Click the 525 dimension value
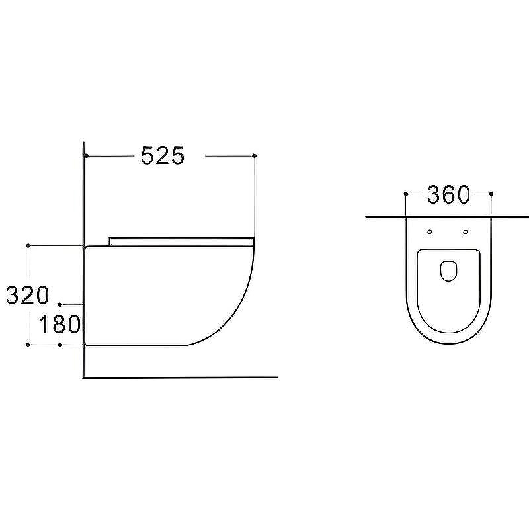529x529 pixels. pyautogui.click(x=163, y=155)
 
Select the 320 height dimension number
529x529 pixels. pyautogui.click(x=28, y=295)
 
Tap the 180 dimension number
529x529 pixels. pyautogui.click(x=60, y=324)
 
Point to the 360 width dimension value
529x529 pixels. pyautogui.click(x=448, y=194)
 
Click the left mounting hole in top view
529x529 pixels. pyautogui.click(x=430, y=232)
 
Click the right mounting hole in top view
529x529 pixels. pyautogui.click(x=466, y=232)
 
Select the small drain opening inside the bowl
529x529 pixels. pyautogui.click(x=449, y=270)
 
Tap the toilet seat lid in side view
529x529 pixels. pyautogui.click(x=181, y=241)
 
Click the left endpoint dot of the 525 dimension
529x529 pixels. pyautogui.click(x=87, y=156)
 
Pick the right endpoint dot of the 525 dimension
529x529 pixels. pyautogui.click(x=255, y=155)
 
